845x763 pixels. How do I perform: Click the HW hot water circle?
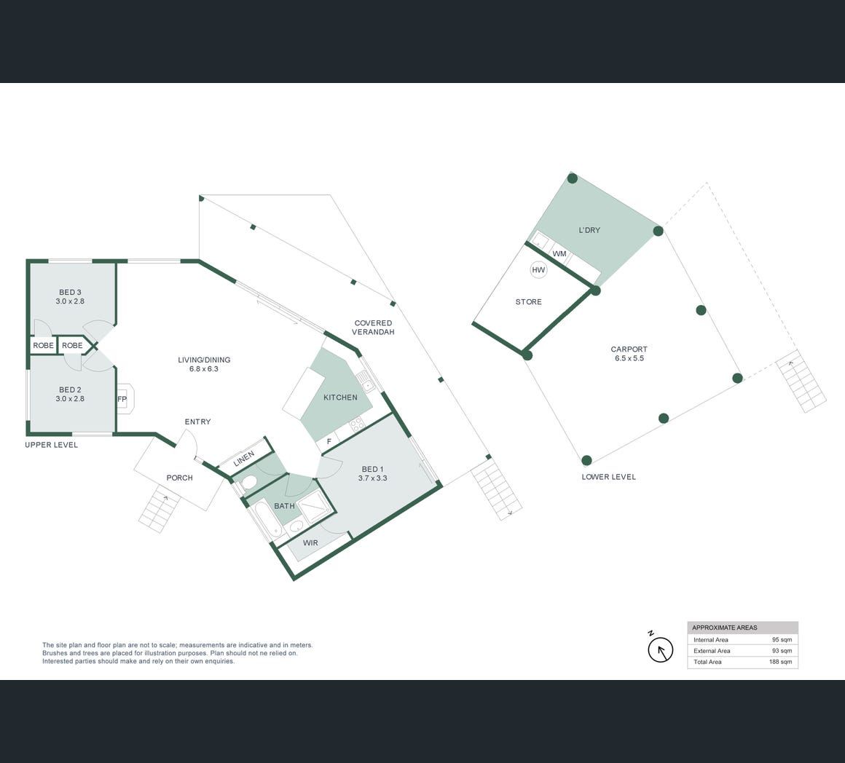point(538,270)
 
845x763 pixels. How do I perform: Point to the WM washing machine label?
point(559,253)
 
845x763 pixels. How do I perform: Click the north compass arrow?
point(661,649)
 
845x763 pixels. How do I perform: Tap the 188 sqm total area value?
point(780,662)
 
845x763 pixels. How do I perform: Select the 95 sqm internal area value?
point(782,640)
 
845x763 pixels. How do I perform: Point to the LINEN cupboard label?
point(244,459)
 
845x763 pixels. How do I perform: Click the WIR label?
point(310,543)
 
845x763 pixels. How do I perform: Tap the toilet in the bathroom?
point(248,483)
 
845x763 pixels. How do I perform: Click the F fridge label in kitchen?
point(329,441)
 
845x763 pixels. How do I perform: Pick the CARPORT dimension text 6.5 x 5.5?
point(629,358)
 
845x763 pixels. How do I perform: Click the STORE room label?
point(529,302)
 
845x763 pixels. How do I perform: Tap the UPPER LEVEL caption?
point(51,445)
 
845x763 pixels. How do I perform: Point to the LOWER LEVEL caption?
point(609,477)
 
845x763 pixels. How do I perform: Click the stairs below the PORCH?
point(160,508)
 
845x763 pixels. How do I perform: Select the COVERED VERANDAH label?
point(374,328)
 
